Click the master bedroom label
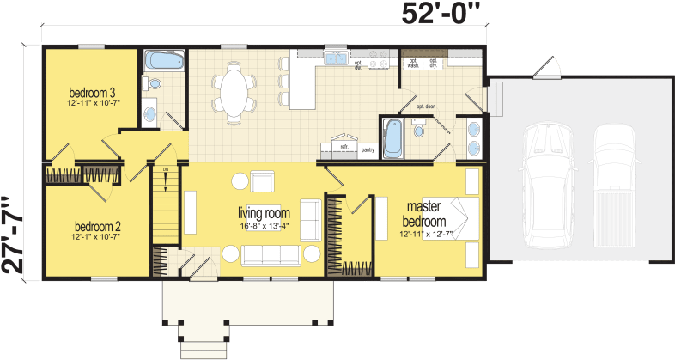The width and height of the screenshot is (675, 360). tap(423, 215)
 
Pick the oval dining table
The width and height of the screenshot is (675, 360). tap(234, 90)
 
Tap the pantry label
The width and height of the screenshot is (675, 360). tap(368, 149)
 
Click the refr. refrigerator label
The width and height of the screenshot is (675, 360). tap(344, 147)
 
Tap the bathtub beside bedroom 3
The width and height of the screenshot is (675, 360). tap(161, 61)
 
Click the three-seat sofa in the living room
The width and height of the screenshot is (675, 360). tap(271, 254)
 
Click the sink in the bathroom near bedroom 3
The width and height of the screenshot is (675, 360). tap(149, 111)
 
